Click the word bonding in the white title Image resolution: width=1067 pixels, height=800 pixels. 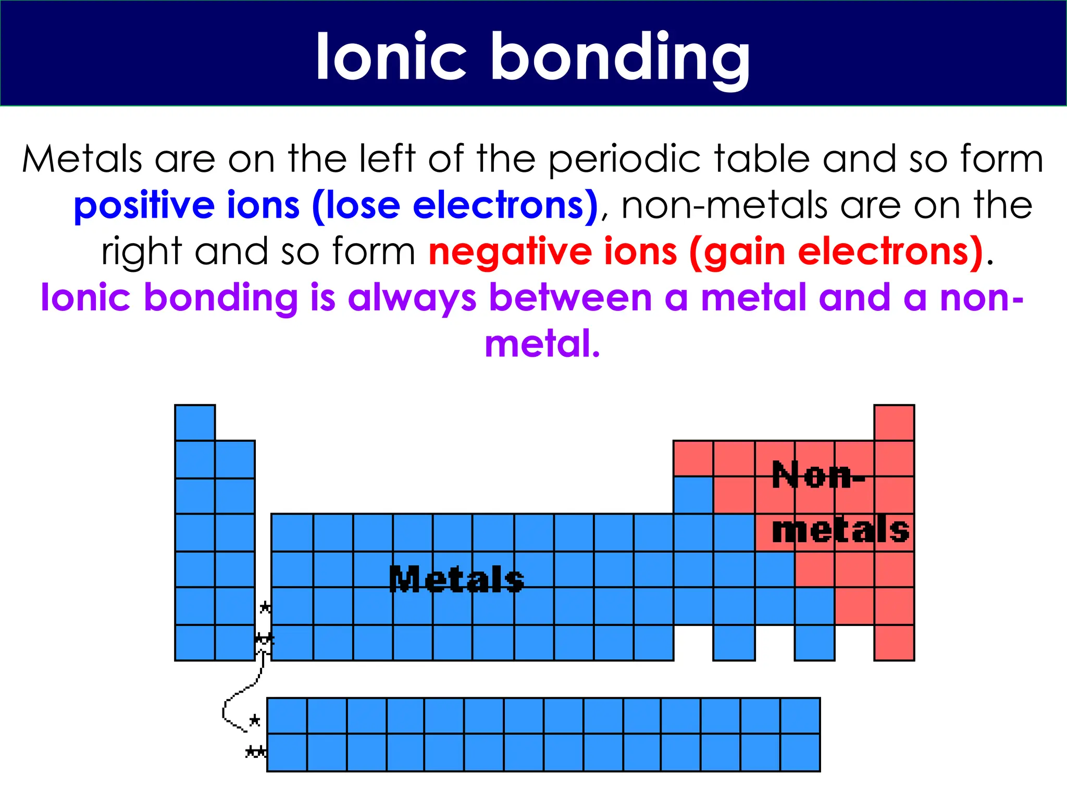(620, 57)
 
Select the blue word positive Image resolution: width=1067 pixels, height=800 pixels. (144, 206)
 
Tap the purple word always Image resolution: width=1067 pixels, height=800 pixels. (412, 298)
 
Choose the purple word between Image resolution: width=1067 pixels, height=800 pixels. (570, 297)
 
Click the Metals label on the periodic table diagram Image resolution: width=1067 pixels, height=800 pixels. (456, 580)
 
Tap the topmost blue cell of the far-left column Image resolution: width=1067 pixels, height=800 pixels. (195, 422)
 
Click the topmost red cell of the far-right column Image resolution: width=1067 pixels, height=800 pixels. (894, 422)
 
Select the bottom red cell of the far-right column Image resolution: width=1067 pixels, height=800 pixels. (894, 643)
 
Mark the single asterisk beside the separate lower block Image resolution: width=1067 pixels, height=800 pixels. (254, 721)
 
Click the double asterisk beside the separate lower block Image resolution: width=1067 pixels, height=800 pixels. (255, 752)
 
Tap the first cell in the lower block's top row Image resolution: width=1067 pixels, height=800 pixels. (287, 716)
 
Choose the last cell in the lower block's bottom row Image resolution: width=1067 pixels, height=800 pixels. (800, 752)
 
